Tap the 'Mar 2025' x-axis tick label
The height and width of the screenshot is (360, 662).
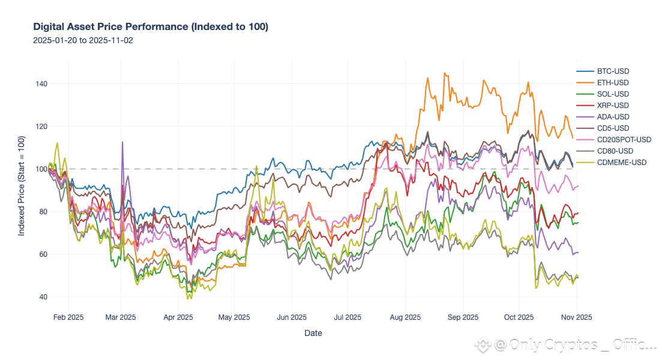[121, 317]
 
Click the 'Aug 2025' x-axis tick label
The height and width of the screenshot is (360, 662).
[405, 317]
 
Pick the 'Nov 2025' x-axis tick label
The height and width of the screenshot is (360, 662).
[576, 317]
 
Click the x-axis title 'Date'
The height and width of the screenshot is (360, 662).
[313, 333]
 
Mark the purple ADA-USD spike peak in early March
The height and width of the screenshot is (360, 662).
[122, 142]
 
